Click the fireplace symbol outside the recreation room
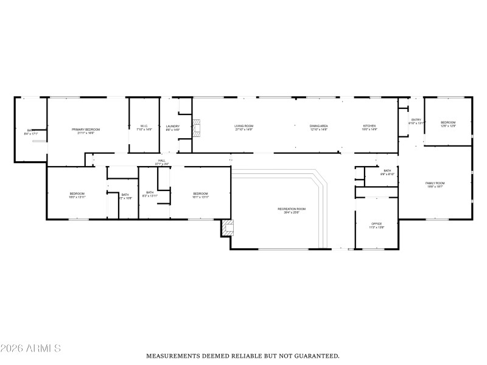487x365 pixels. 228,228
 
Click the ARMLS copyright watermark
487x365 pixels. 30,348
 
